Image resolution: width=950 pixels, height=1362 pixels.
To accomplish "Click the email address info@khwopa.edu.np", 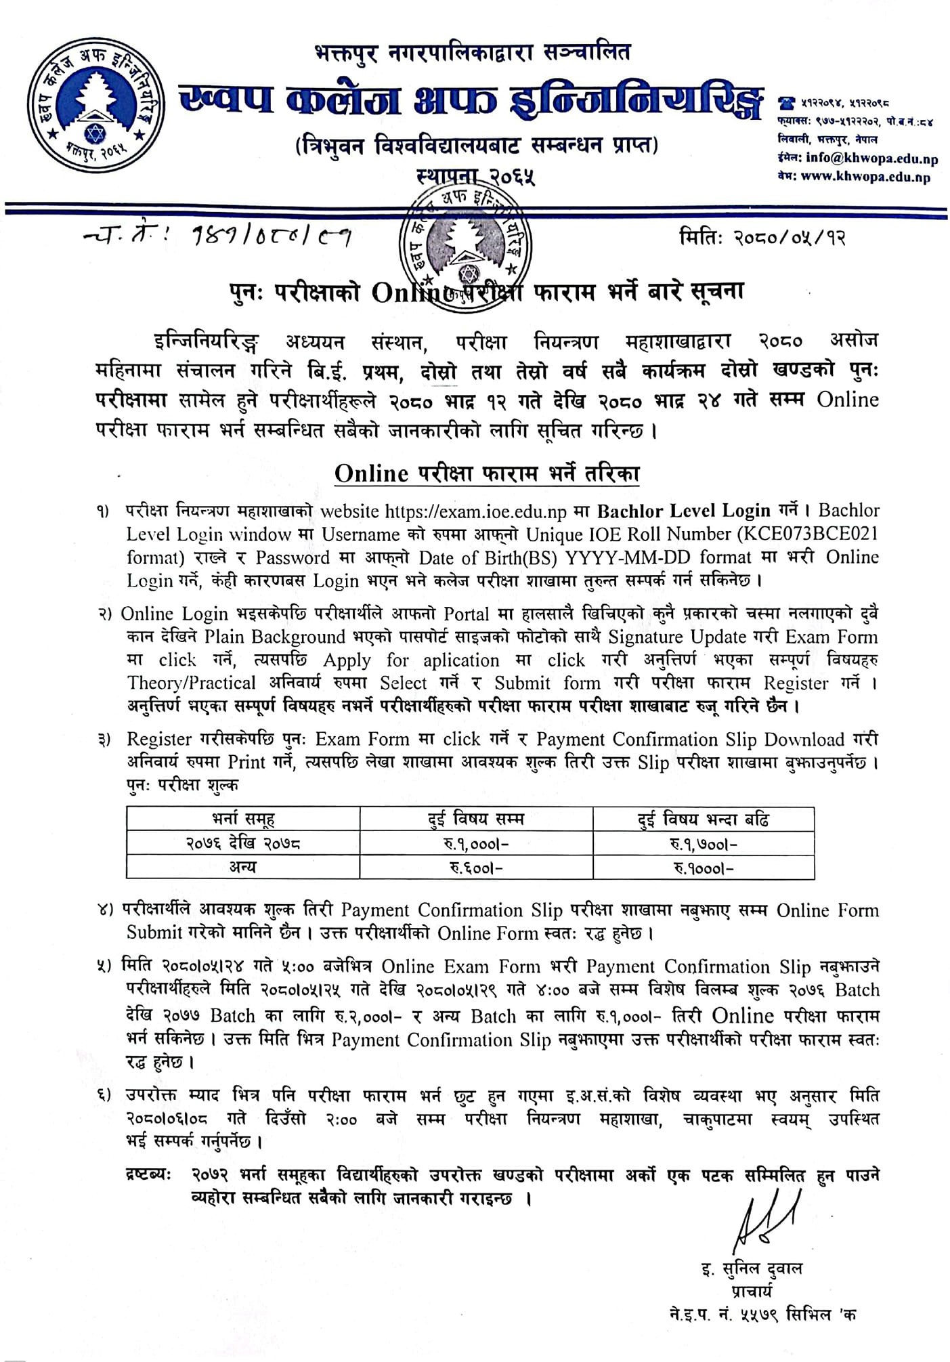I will tap(871, 159).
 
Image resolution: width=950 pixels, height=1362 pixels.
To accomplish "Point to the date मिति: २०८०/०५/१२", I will tap(762, 238).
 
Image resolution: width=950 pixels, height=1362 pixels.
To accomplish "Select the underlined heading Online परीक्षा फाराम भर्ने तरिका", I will tap(487, 473).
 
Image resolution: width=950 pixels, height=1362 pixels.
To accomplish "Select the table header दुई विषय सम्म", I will tap(476, 819).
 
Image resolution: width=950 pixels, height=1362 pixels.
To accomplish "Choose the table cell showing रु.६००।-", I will tap(476, 868).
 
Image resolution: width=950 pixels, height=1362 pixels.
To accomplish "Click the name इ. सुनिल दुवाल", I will tap(752, 1268).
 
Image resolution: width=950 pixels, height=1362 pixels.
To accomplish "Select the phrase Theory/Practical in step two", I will tap(191, 683).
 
